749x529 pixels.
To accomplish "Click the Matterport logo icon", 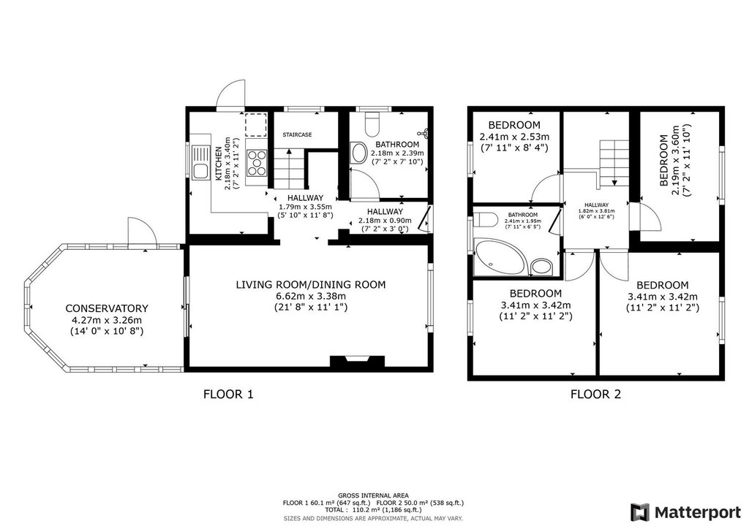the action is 640,512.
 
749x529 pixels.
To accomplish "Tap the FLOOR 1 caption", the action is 228,395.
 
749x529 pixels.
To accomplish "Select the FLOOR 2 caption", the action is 595,395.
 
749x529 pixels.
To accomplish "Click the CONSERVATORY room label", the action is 107,308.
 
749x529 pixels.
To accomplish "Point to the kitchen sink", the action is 200,163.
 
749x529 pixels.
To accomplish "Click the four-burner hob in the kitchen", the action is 257,162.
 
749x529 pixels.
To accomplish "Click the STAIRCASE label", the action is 297,135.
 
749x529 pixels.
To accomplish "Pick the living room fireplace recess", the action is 357,361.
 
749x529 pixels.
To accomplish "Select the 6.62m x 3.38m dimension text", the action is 310,296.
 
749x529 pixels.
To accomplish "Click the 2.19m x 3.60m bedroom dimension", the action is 675,160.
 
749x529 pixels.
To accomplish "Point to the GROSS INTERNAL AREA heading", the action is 373,495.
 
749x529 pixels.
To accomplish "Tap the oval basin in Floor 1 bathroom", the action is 358,153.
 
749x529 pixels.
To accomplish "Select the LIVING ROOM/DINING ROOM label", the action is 310,285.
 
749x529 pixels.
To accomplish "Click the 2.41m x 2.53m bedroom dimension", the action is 514,137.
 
